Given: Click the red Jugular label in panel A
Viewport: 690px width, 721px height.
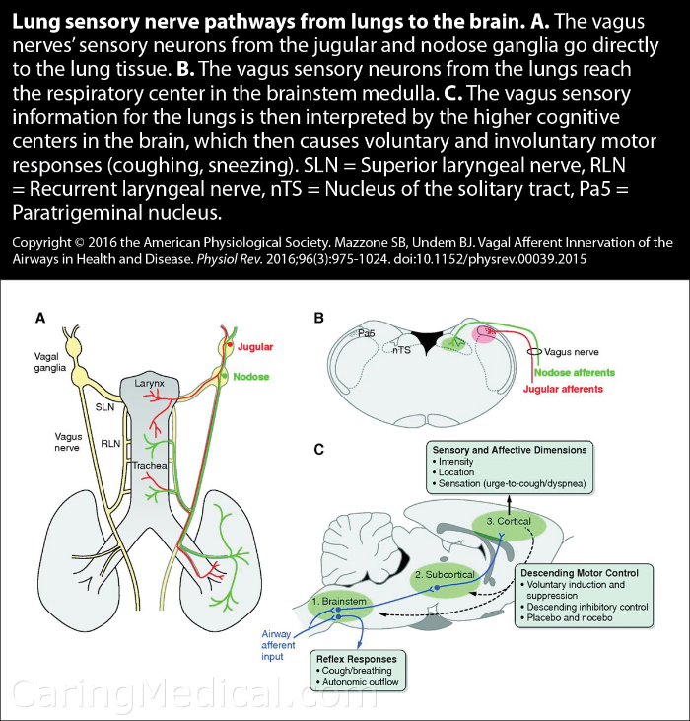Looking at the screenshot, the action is click(255, 347).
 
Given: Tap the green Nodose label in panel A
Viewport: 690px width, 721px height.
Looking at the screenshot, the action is click(250, 377).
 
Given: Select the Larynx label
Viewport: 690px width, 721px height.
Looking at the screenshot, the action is click(149, 383).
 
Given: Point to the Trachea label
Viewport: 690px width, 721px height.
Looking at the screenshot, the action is click(149, 465).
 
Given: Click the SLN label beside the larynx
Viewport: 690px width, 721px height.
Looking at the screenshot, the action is click(104, 407).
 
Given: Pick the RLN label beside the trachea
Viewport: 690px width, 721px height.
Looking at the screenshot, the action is click(110, 444).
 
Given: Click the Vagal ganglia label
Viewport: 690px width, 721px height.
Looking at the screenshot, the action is click(50, 362).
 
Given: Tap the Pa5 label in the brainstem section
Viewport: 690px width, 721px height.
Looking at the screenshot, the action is click(366, 333).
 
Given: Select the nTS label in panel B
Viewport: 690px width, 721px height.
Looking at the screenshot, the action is click(401, 350).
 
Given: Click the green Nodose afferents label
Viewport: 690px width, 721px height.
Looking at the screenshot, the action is click(575, 373).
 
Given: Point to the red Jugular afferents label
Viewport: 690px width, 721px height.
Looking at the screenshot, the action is click(563, 389).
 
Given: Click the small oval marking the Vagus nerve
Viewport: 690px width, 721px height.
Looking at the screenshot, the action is click(534, 352).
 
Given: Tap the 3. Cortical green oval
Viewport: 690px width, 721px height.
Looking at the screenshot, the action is click(509, 523).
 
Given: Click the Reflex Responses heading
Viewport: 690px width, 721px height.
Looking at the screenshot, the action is click(357, 659).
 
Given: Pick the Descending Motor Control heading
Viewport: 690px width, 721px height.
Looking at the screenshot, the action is click(580, 573).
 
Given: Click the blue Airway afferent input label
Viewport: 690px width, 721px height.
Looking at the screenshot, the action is click(278, 645).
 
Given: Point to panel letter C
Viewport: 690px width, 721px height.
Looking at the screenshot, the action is click(318, 449).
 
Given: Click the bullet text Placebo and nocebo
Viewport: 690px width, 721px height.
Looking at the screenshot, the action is click(570, 618).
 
